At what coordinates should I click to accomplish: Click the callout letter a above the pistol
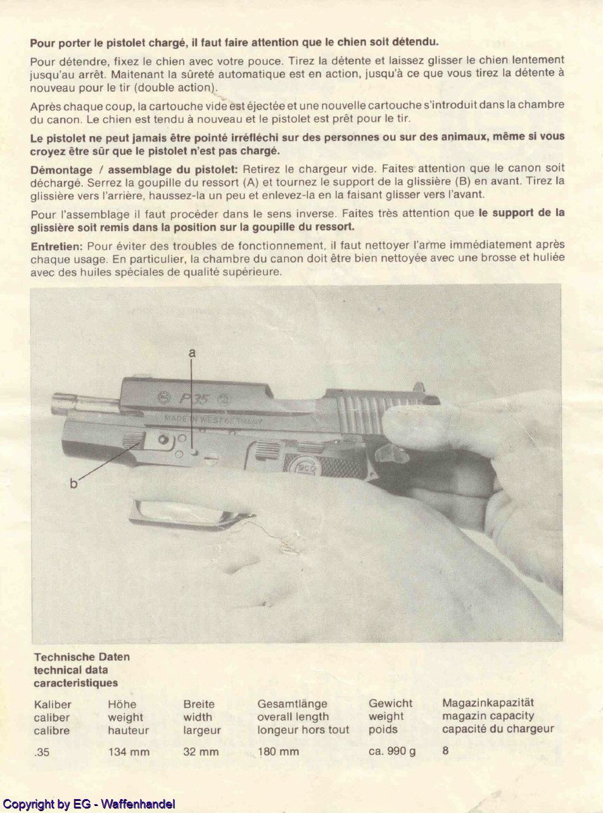pyautogui.click(x=192, y=353)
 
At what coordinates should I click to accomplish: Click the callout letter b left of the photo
pyautogui.click(x=73, y=484)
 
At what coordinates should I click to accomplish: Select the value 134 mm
pyautogui.click(x=129, y=752)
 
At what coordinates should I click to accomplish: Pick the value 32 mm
pyautogui.click(x=201, y=752)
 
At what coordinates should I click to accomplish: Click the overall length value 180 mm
pyautogui.click(x=278, y=752)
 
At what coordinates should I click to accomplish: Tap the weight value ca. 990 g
pyautogui.click(x=392, y=752)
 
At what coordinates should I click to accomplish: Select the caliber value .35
pyautogui.click(x=42, y=753)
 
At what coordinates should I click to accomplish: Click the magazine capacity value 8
pyautogui.click(x=445, y=752)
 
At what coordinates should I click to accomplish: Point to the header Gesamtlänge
pyautogui.click(x=292, y=703)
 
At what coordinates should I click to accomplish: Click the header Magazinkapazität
pyautogui.click(x=488, y=702)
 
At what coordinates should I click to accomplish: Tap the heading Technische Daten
pyautogui.click(x=82, y=657)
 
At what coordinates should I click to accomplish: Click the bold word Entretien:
pyautogui.click(x=57, y=246)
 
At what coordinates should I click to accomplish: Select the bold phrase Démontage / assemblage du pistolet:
pyautogui.click(x=134, y=168)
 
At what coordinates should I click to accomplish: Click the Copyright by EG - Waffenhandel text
pyautogui.click(x=89, y=805)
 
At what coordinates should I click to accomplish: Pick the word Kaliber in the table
pyautogui.click(x=53, y=704)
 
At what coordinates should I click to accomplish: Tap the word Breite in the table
pyautogui.click(x=199, y=704)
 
